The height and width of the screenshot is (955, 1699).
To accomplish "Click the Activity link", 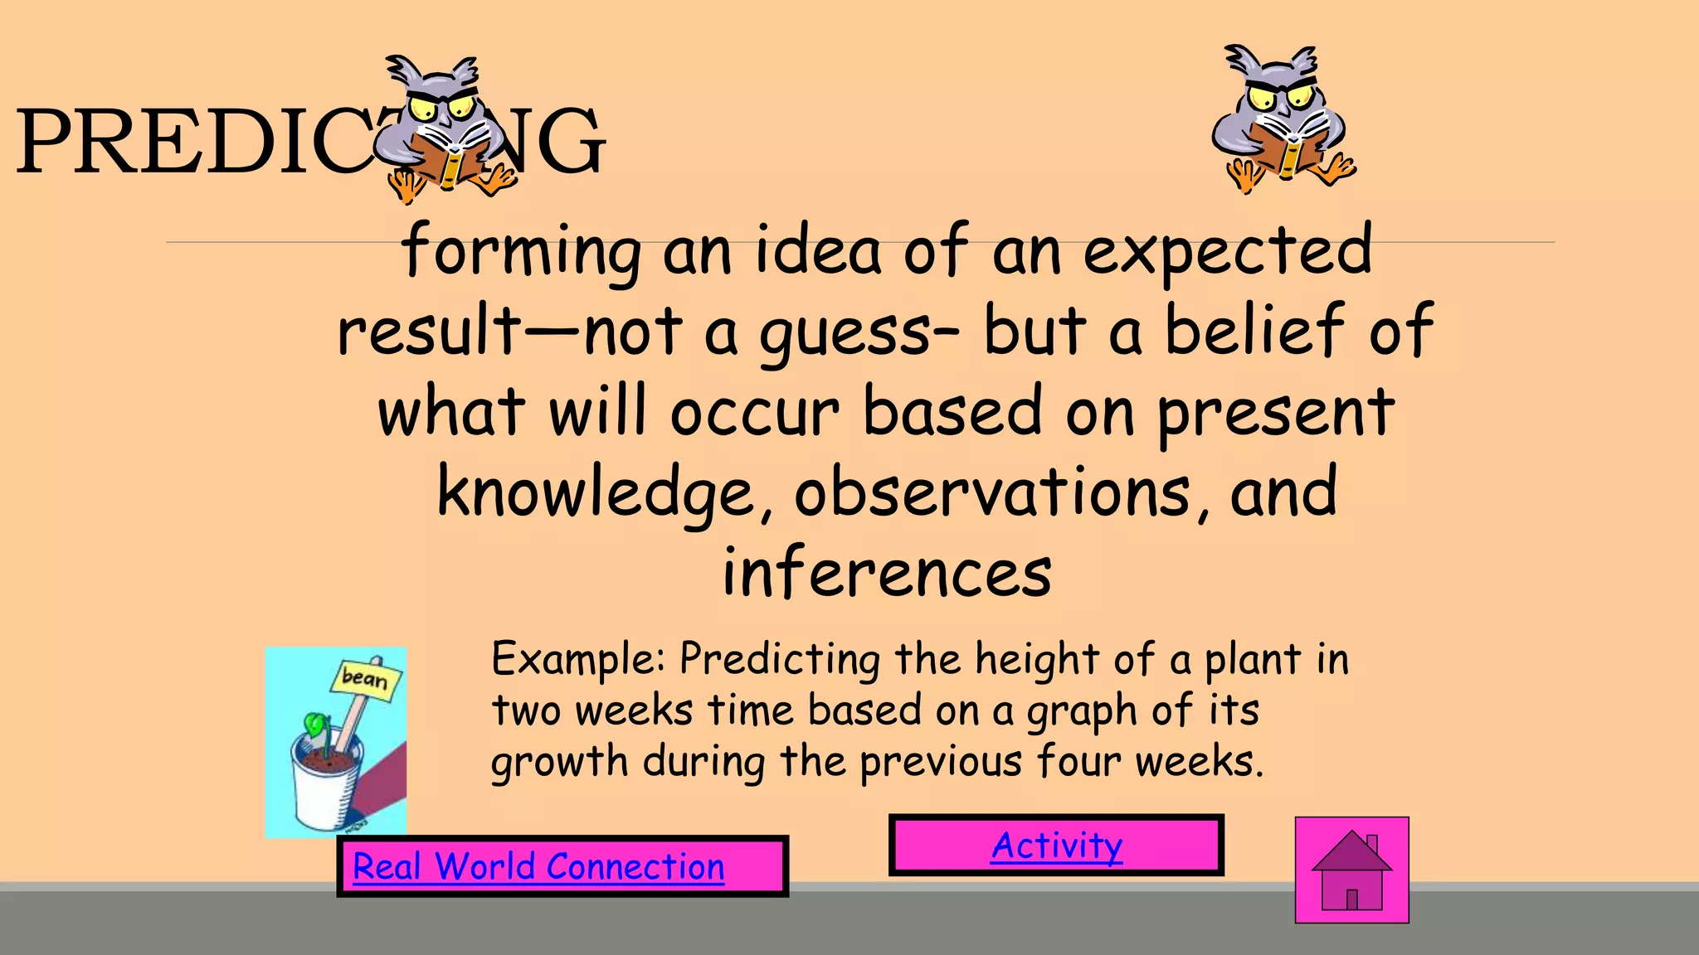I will coord(1057,846).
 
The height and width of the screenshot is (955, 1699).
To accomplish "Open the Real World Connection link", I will coord(538,866).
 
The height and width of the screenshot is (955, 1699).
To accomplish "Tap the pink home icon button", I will coord(1351,870).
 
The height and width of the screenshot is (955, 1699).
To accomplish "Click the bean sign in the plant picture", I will coord(365,679).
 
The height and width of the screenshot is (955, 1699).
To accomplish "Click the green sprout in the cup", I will coord(316,725).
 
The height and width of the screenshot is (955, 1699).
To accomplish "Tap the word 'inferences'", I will coord(887,573).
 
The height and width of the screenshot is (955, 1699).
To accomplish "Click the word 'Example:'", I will coord(578,660).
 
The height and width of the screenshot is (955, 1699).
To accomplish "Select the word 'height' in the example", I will coord(1037,661).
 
